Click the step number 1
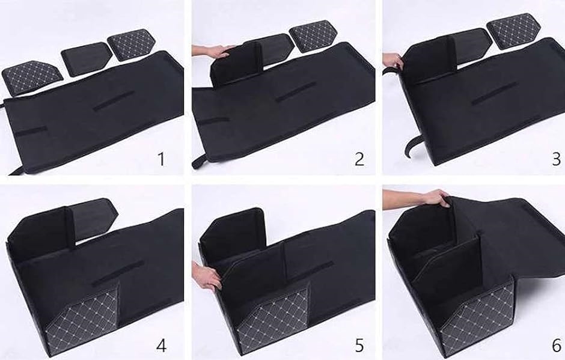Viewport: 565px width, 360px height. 161,159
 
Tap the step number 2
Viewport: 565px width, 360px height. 359,159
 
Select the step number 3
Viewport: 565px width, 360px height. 557,159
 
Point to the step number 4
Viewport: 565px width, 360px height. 161,346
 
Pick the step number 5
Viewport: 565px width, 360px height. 359,346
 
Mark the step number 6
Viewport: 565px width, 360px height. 557,346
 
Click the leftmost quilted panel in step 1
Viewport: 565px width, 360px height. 32,77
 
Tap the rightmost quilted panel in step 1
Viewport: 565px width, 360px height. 132,44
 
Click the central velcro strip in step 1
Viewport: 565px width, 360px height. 114,100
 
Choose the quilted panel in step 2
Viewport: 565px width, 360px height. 313,35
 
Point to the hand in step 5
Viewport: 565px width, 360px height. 207,276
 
